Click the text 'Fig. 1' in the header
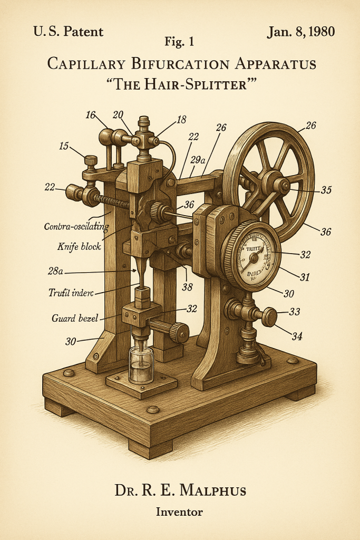(180, 42)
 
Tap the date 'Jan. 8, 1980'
(300, 31)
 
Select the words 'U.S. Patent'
(68, 32)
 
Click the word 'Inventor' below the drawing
(179, 511)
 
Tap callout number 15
(64, 146)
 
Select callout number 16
(90, 114)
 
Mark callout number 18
(181, 120)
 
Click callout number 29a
(198, 159)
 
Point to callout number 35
(326, 190)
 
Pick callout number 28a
(55, 271)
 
